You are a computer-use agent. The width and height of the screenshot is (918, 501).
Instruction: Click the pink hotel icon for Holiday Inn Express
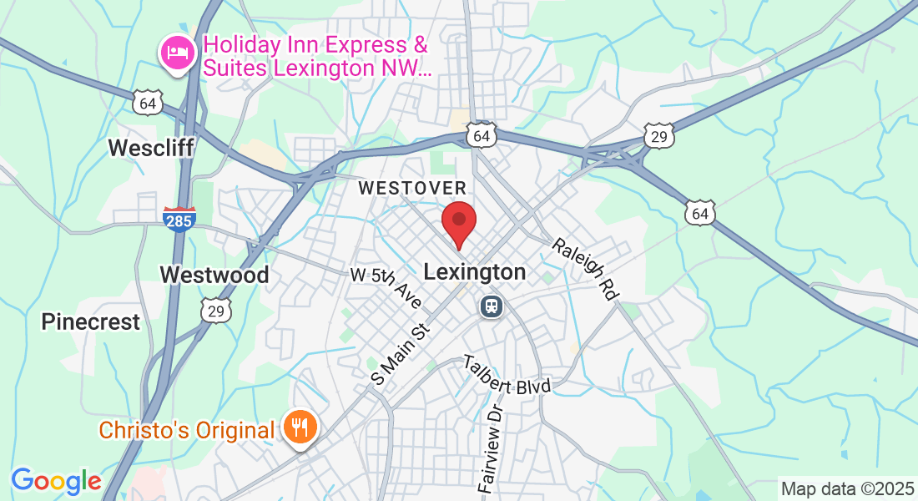pyautogui.click(x=177, y=53)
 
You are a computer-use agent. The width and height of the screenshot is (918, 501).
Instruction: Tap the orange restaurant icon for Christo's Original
pyautogui.click(x=298, y=428)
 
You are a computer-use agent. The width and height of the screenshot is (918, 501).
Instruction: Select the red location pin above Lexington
pyautogui.click(x=458, y=222)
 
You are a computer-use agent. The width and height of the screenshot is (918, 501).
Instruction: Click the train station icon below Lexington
pyautogui.click(x=490, y=306)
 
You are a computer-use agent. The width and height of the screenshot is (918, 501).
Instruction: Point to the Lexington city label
pyautogui.click(x=475, y=272)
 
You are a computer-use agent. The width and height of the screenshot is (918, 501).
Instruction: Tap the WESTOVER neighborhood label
pyautogui.click(x=412, y=189)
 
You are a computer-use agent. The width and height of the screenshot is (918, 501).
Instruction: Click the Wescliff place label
pyautogui.click(x=151, y=149)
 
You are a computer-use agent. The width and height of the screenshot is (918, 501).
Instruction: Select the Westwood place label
pyautogui.click(x=214, y=275)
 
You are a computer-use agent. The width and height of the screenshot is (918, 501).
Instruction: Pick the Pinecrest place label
pyautogui.click(x=91, y=322)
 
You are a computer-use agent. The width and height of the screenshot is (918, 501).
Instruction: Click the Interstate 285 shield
pyautogui.click(x=179, y=219)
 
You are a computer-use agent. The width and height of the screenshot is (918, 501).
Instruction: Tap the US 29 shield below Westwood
pyautogui.click(x=216, y=311)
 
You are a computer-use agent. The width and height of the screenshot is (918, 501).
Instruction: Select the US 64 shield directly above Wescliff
pyautogui.click(x=148, y=104)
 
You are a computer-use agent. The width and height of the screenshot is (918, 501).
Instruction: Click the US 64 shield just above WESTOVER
pyautogui.click(x=482, y=135)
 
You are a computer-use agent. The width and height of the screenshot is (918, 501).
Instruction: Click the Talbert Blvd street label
pyautogui.click(x=508, y=375)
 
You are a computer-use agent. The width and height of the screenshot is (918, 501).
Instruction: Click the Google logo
pyautogui.click(x=56, y=481)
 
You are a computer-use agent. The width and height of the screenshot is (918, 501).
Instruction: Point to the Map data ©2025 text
pyautogui.click(x=847, y=488)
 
